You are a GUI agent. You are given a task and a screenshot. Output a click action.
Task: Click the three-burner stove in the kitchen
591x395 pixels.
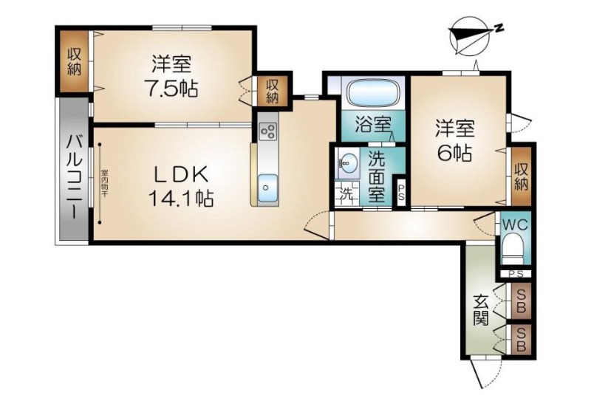pyautogui.click(x=267, y=132)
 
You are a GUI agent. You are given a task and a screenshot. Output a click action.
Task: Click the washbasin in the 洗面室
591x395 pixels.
pyautogui.click(x=345, y=162)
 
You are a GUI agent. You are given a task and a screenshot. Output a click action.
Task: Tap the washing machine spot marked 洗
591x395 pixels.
pyautogui.click(x=346, y=195)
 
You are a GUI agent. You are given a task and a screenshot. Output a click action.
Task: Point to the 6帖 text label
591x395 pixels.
pyautogui.click(x=453, y=154)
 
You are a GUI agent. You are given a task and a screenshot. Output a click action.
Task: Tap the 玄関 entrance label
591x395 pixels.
pyautogui.click(x=480, y=309)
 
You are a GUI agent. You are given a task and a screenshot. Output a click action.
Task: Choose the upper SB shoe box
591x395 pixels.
pyautogui.click(x=521, y=299)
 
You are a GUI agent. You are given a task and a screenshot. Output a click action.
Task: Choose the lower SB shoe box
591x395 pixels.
pyautogui.click(x=521, y=339)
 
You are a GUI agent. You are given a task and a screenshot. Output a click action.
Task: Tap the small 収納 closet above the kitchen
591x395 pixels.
pyautogui.click(x=273, y=90)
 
